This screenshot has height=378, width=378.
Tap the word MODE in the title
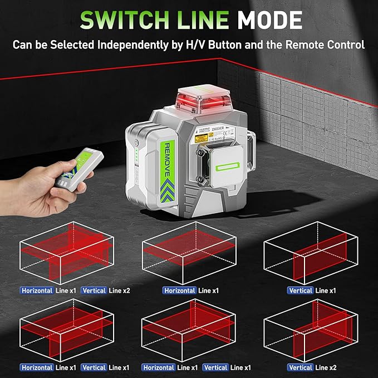pos(269,19)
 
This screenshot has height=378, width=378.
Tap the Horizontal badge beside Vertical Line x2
pos(37,290)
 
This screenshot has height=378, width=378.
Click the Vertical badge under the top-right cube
pos(301,290)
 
